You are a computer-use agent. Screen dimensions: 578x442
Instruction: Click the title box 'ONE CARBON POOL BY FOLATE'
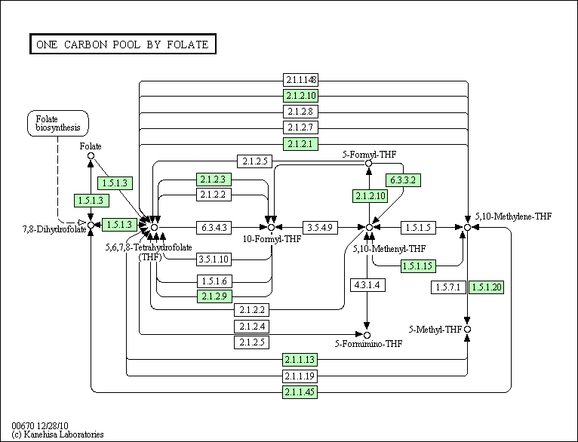(123, 45)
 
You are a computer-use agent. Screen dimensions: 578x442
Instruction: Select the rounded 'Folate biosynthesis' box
(58, 124)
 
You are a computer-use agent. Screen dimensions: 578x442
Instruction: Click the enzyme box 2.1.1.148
(300, 79)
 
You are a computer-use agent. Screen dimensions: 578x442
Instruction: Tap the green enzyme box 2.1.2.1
(300, 143)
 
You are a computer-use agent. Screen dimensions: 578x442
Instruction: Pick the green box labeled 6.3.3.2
(403, 180)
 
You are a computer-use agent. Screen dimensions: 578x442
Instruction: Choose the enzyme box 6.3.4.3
(214, 227)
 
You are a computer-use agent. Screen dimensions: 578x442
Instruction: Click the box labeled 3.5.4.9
(320, 227)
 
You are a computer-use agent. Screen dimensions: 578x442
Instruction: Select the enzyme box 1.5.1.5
(418, 227)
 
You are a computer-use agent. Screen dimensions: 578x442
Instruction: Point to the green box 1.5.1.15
(418, 266)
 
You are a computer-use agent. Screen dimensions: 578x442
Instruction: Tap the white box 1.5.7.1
(448, 287)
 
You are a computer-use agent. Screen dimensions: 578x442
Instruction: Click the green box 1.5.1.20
(486, 287)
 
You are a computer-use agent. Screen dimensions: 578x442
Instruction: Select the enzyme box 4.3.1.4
(367, 284)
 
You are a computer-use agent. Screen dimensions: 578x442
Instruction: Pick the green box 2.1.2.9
(214, 296)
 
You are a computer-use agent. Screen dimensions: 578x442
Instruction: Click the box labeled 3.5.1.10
(214, 259)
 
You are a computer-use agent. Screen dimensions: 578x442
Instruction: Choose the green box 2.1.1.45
(300, 392)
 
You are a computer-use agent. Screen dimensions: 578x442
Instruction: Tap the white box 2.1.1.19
(300, 376)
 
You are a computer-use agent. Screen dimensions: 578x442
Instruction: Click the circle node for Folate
(91, 156)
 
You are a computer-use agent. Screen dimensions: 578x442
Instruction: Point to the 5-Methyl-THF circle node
(467, 330)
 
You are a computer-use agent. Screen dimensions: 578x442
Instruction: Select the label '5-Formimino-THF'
(369, 344)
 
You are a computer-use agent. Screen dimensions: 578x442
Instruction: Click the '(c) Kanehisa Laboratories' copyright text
(58, 434)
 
